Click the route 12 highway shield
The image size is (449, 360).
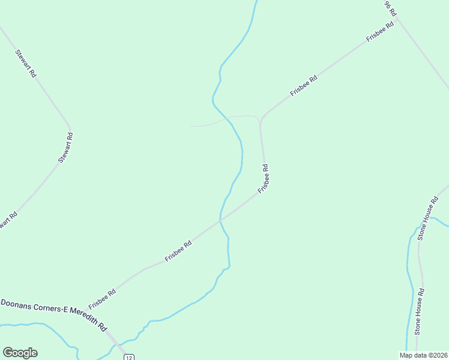128,357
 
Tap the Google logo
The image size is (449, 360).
20,353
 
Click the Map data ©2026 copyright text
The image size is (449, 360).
423,355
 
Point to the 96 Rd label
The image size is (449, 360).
390,8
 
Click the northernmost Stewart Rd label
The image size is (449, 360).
26,63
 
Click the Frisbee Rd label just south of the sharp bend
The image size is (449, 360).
264,179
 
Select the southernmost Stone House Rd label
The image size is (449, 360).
420,311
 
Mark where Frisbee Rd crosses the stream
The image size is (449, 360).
220,220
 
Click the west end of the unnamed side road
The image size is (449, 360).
191,126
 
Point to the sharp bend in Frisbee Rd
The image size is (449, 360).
260,121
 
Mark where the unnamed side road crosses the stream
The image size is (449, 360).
227,119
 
